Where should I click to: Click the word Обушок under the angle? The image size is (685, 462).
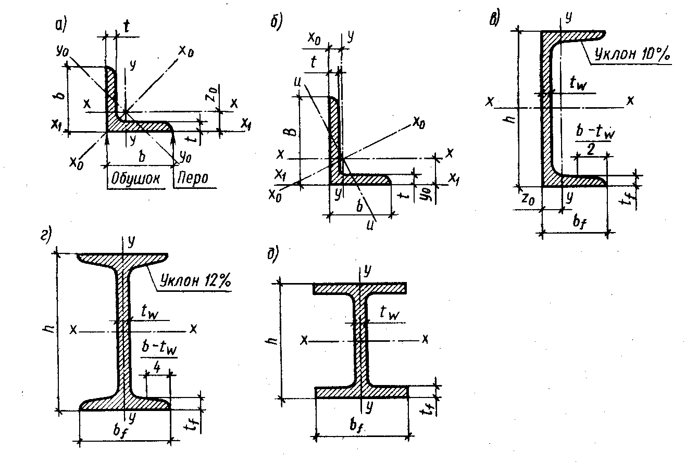tap(133, 178)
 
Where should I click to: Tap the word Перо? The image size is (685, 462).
tap(193, 178)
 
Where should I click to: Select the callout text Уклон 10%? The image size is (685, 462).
tap(631, 54)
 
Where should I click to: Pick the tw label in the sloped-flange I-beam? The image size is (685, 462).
tap(149, 311)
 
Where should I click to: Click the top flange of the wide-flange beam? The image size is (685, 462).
tap(360, 288)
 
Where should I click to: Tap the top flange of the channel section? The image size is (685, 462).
tap(573, 36)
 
